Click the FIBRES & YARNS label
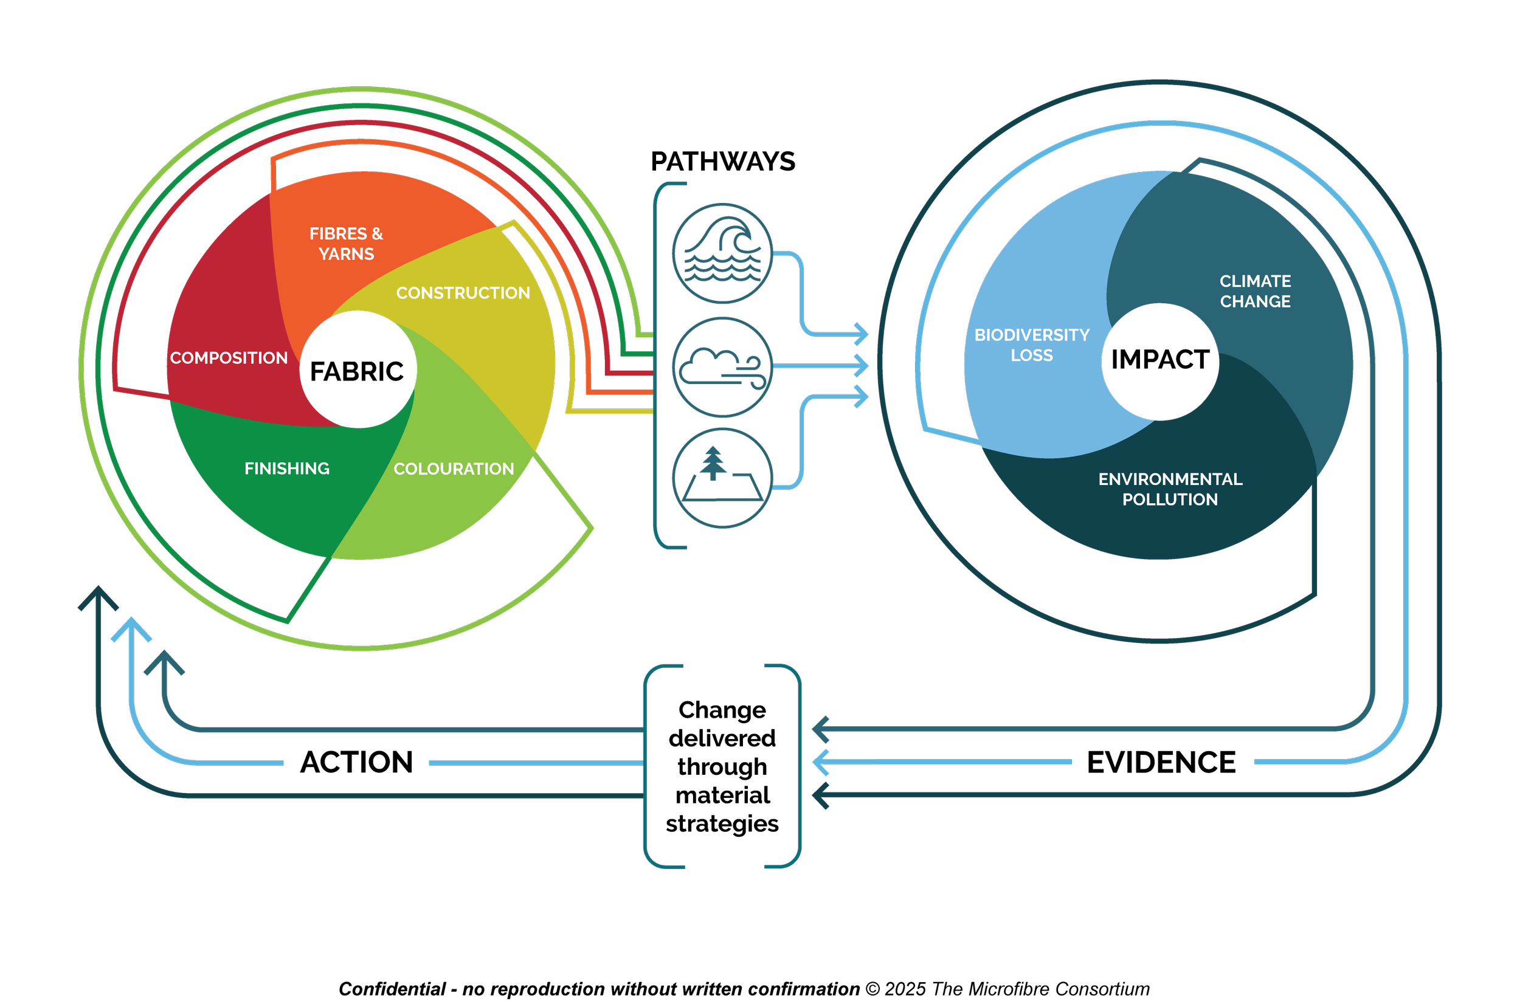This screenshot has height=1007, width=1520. [347, 244]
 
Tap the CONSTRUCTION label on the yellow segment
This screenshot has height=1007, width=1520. [463, 293]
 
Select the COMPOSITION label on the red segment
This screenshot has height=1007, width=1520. [229, 358]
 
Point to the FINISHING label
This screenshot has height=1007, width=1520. [286, 468]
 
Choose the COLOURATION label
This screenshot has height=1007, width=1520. [454, 469]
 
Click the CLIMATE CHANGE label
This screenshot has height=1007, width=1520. [1255, 291]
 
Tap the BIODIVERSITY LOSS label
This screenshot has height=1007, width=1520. [1032, 345]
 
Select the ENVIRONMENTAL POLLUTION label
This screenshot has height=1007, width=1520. [1170, 489]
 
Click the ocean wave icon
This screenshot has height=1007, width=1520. [722, 253]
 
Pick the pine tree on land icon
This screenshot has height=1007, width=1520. [722, 478]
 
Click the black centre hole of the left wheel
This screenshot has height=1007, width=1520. [358, 369]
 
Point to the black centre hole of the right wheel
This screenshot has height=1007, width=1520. [1159, 362]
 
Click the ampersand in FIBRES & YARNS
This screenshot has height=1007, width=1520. [377, 233]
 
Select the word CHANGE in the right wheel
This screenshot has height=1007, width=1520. [1255, 301]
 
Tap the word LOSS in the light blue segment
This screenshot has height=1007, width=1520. [1032, 355]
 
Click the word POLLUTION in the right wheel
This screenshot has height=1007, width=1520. [1170, 499]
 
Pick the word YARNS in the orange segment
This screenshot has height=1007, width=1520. [347, 253]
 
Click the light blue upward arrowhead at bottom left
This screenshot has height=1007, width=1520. [131, 627]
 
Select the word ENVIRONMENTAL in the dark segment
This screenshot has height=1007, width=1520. [1170, 479]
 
